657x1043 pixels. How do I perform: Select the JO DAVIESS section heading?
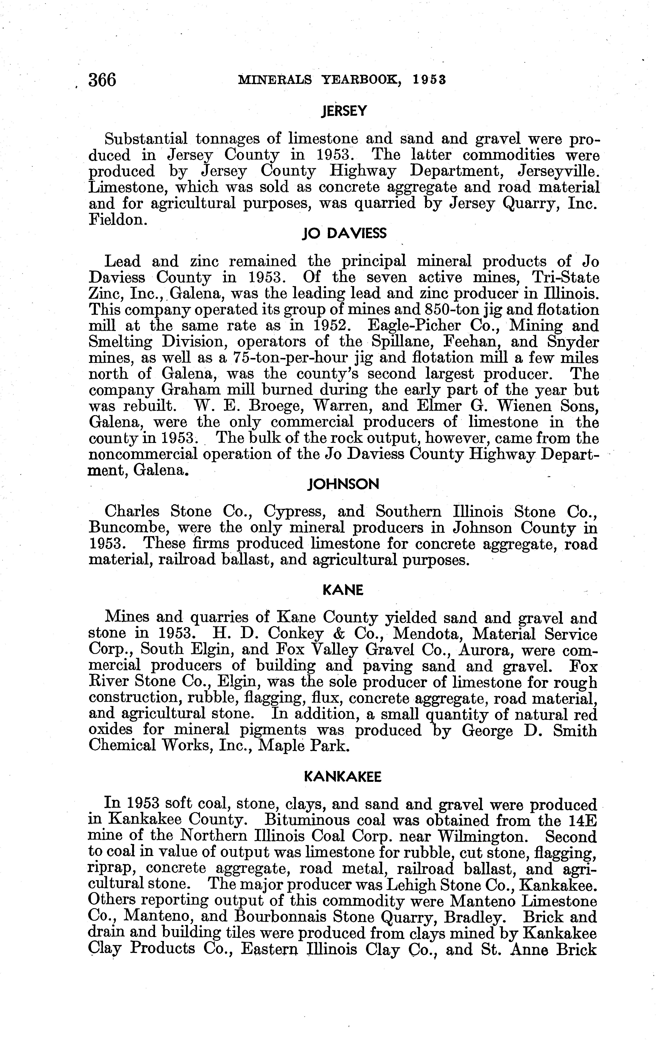pyautogui.click(x=344, y=234)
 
